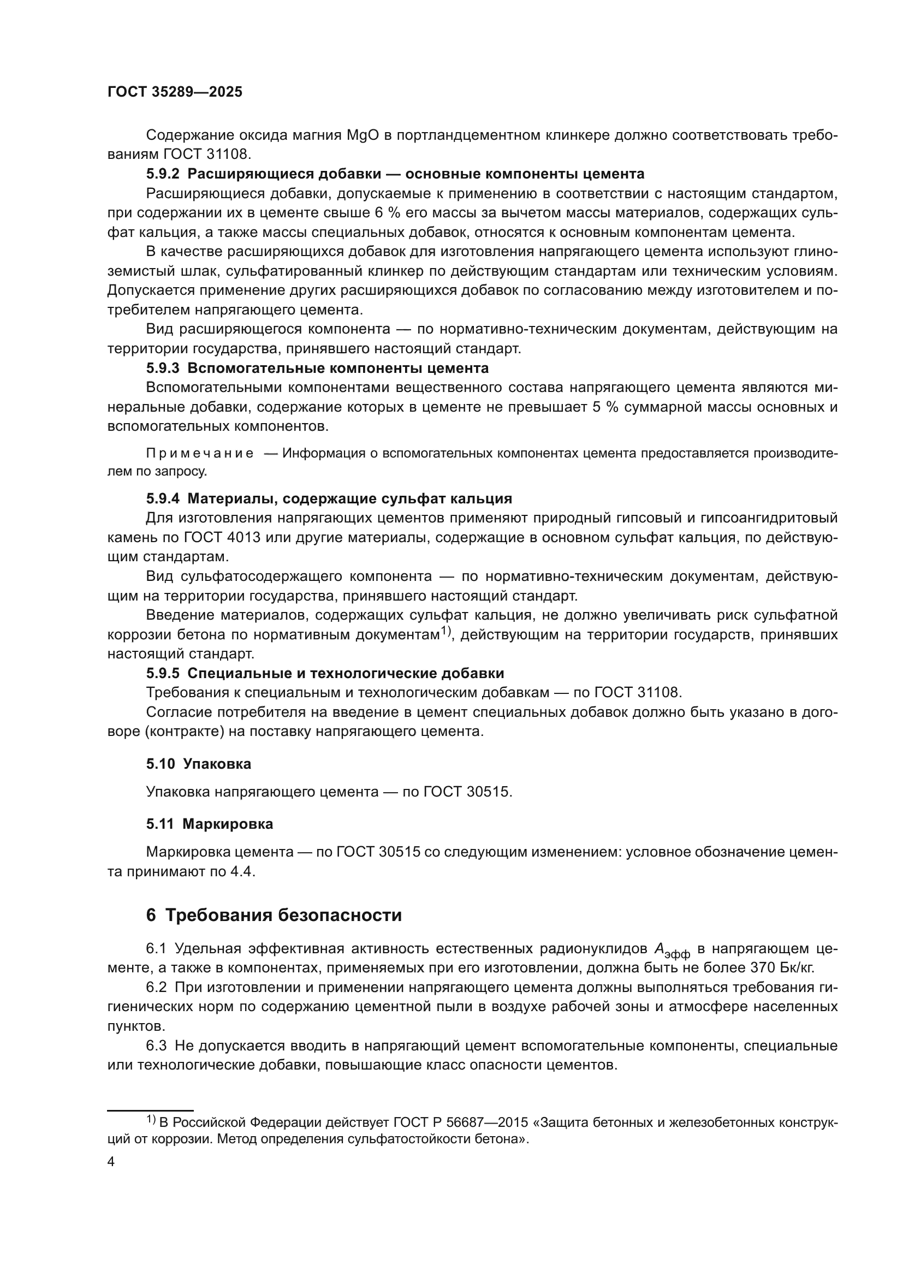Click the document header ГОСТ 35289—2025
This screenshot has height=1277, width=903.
175,92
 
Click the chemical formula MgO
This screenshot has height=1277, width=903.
363,135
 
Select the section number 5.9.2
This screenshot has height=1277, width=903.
163,174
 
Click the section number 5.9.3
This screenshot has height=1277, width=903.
163,368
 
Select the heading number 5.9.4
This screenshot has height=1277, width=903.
163,498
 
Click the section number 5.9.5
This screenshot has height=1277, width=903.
163,674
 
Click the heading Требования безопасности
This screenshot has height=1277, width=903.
283,916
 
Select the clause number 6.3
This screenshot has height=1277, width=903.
156,1046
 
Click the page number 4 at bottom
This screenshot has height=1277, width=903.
111,1162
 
